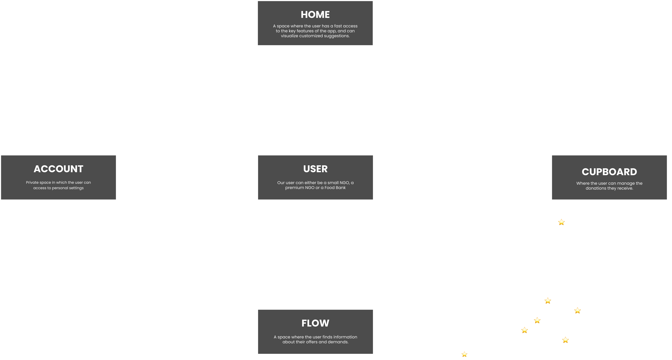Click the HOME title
coord(315,15)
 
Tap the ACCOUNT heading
coord(58,169)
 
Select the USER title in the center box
coord(315,169)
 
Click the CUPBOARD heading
coord(609,172)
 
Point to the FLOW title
coord(315,323)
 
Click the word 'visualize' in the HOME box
coord(290,36)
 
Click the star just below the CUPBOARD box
coord(561,222)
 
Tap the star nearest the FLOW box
coord(464,354)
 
